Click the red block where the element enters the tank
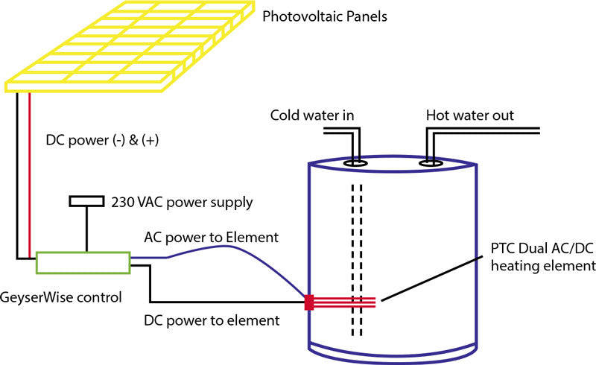[309, 302]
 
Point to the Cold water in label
[311, 115]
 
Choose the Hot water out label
[469, 115]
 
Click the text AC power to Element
[211, 238]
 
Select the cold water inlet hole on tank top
[355, 160]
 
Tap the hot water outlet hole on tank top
[429, 161]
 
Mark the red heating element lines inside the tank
[346, 302]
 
